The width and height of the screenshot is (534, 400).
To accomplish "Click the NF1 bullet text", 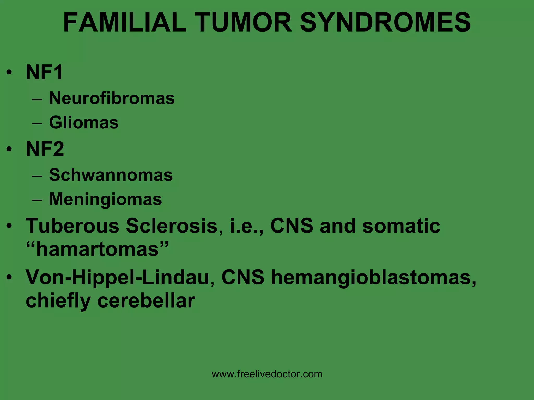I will point(44,72).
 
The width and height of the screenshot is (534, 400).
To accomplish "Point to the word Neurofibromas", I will point(112,98).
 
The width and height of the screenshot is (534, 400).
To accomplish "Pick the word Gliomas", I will point(84,122).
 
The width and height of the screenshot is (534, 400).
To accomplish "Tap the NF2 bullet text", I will point(45,149).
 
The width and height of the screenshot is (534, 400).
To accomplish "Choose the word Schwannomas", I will point(111,175).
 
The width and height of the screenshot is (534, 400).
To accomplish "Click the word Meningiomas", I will point(105,199).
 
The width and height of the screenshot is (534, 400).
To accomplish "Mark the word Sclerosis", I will point(172,226).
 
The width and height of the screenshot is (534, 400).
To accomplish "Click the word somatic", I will point(401,226).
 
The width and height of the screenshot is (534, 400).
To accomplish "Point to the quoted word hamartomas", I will point(97,249).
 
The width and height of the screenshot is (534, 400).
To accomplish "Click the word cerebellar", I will point(146,301).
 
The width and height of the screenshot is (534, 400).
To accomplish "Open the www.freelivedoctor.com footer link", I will point(267,374).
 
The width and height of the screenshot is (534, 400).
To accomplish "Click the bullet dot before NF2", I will point(9,149).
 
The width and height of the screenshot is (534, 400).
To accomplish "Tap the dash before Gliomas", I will point(37,123).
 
